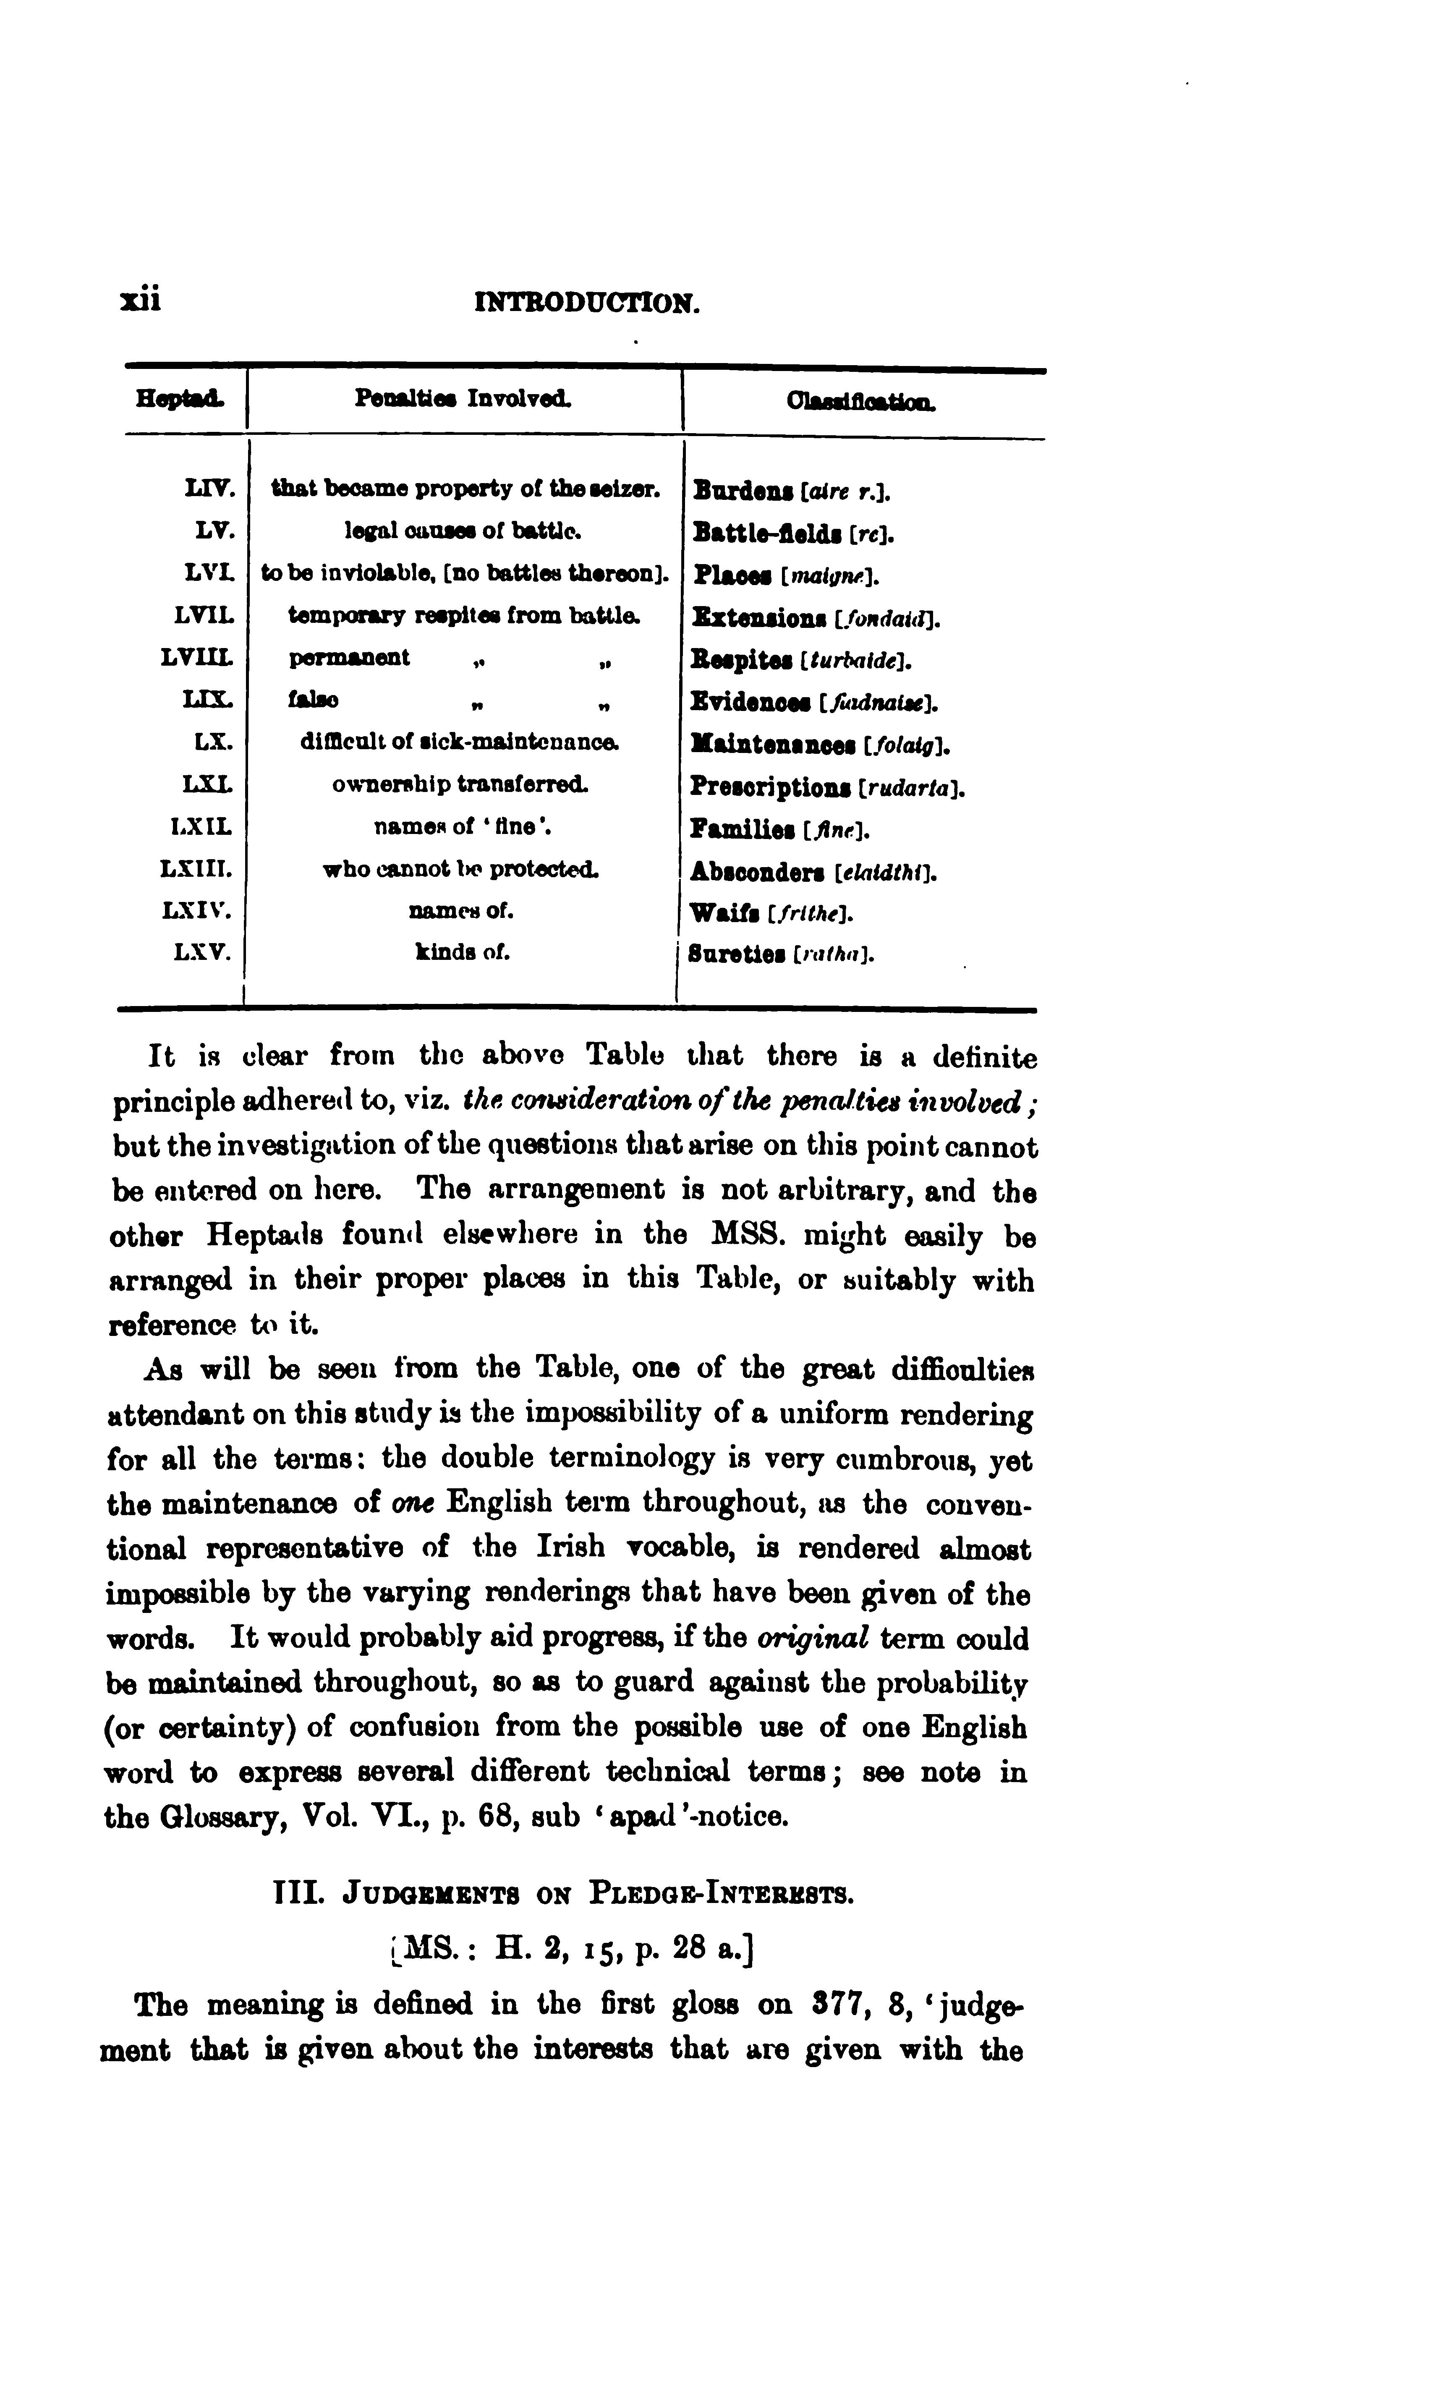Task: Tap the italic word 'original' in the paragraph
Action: [814, 1639]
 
